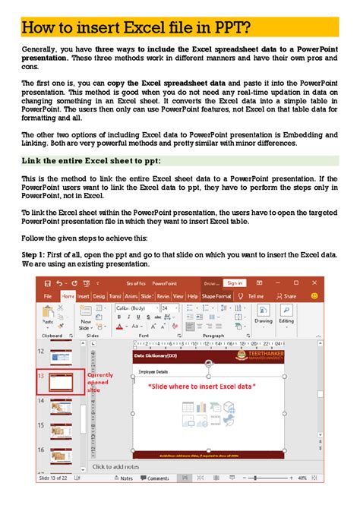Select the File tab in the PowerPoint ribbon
point(48,296)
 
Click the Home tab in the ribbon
point(68,296)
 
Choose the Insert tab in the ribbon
point(83,296)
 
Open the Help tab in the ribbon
point(192,296)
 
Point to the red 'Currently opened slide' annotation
point(100,382)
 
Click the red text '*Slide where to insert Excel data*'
point(201,387)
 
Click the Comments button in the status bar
point(158,478)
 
